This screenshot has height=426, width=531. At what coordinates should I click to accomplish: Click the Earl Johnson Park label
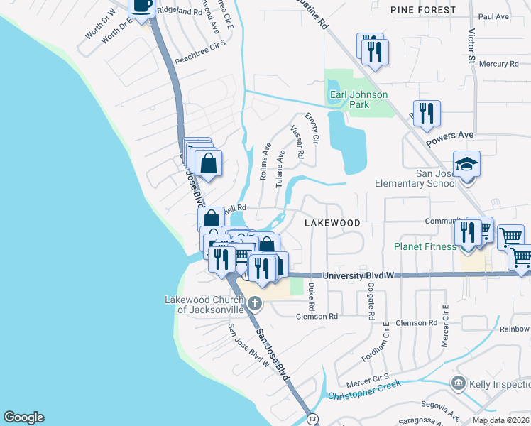coord(358,99)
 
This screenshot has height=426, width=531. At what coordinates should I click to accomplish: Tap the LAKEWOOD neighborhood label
coord(333,223)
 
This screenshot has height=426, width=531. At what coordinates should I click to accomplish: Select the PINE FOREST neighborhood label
coord(423,10)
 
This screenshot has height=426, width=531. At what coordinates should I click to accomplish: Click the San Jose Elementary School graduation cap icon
coord(467,164)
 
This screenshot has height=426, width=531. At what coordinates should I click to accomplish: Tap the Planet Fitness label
coord(425,247)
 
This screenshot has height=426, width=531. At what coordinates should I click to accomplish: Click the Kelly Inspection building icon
coord(459,384)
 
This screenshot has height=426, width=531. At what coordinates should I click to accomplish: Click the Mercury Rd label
coord(498,64)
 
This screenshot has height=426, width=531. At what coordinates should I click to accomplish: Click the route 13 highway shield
coord(312,420)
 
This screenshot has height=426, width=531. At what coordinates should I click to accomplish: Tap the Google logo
coord(23,417)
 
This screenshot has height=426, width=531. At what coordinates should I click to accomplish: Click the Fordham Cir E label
coord(386,339)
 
